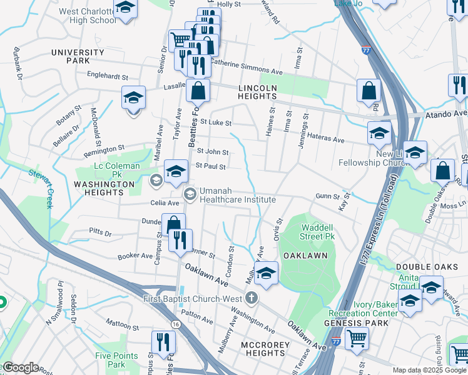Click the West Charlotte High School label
pos(87,16)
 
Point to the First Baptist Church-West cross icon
pos(252,297)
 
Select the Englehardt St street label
pos(108,77)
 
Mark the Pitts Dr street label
pos(100,234)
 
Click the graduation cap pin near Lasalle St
pos(133,99)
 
